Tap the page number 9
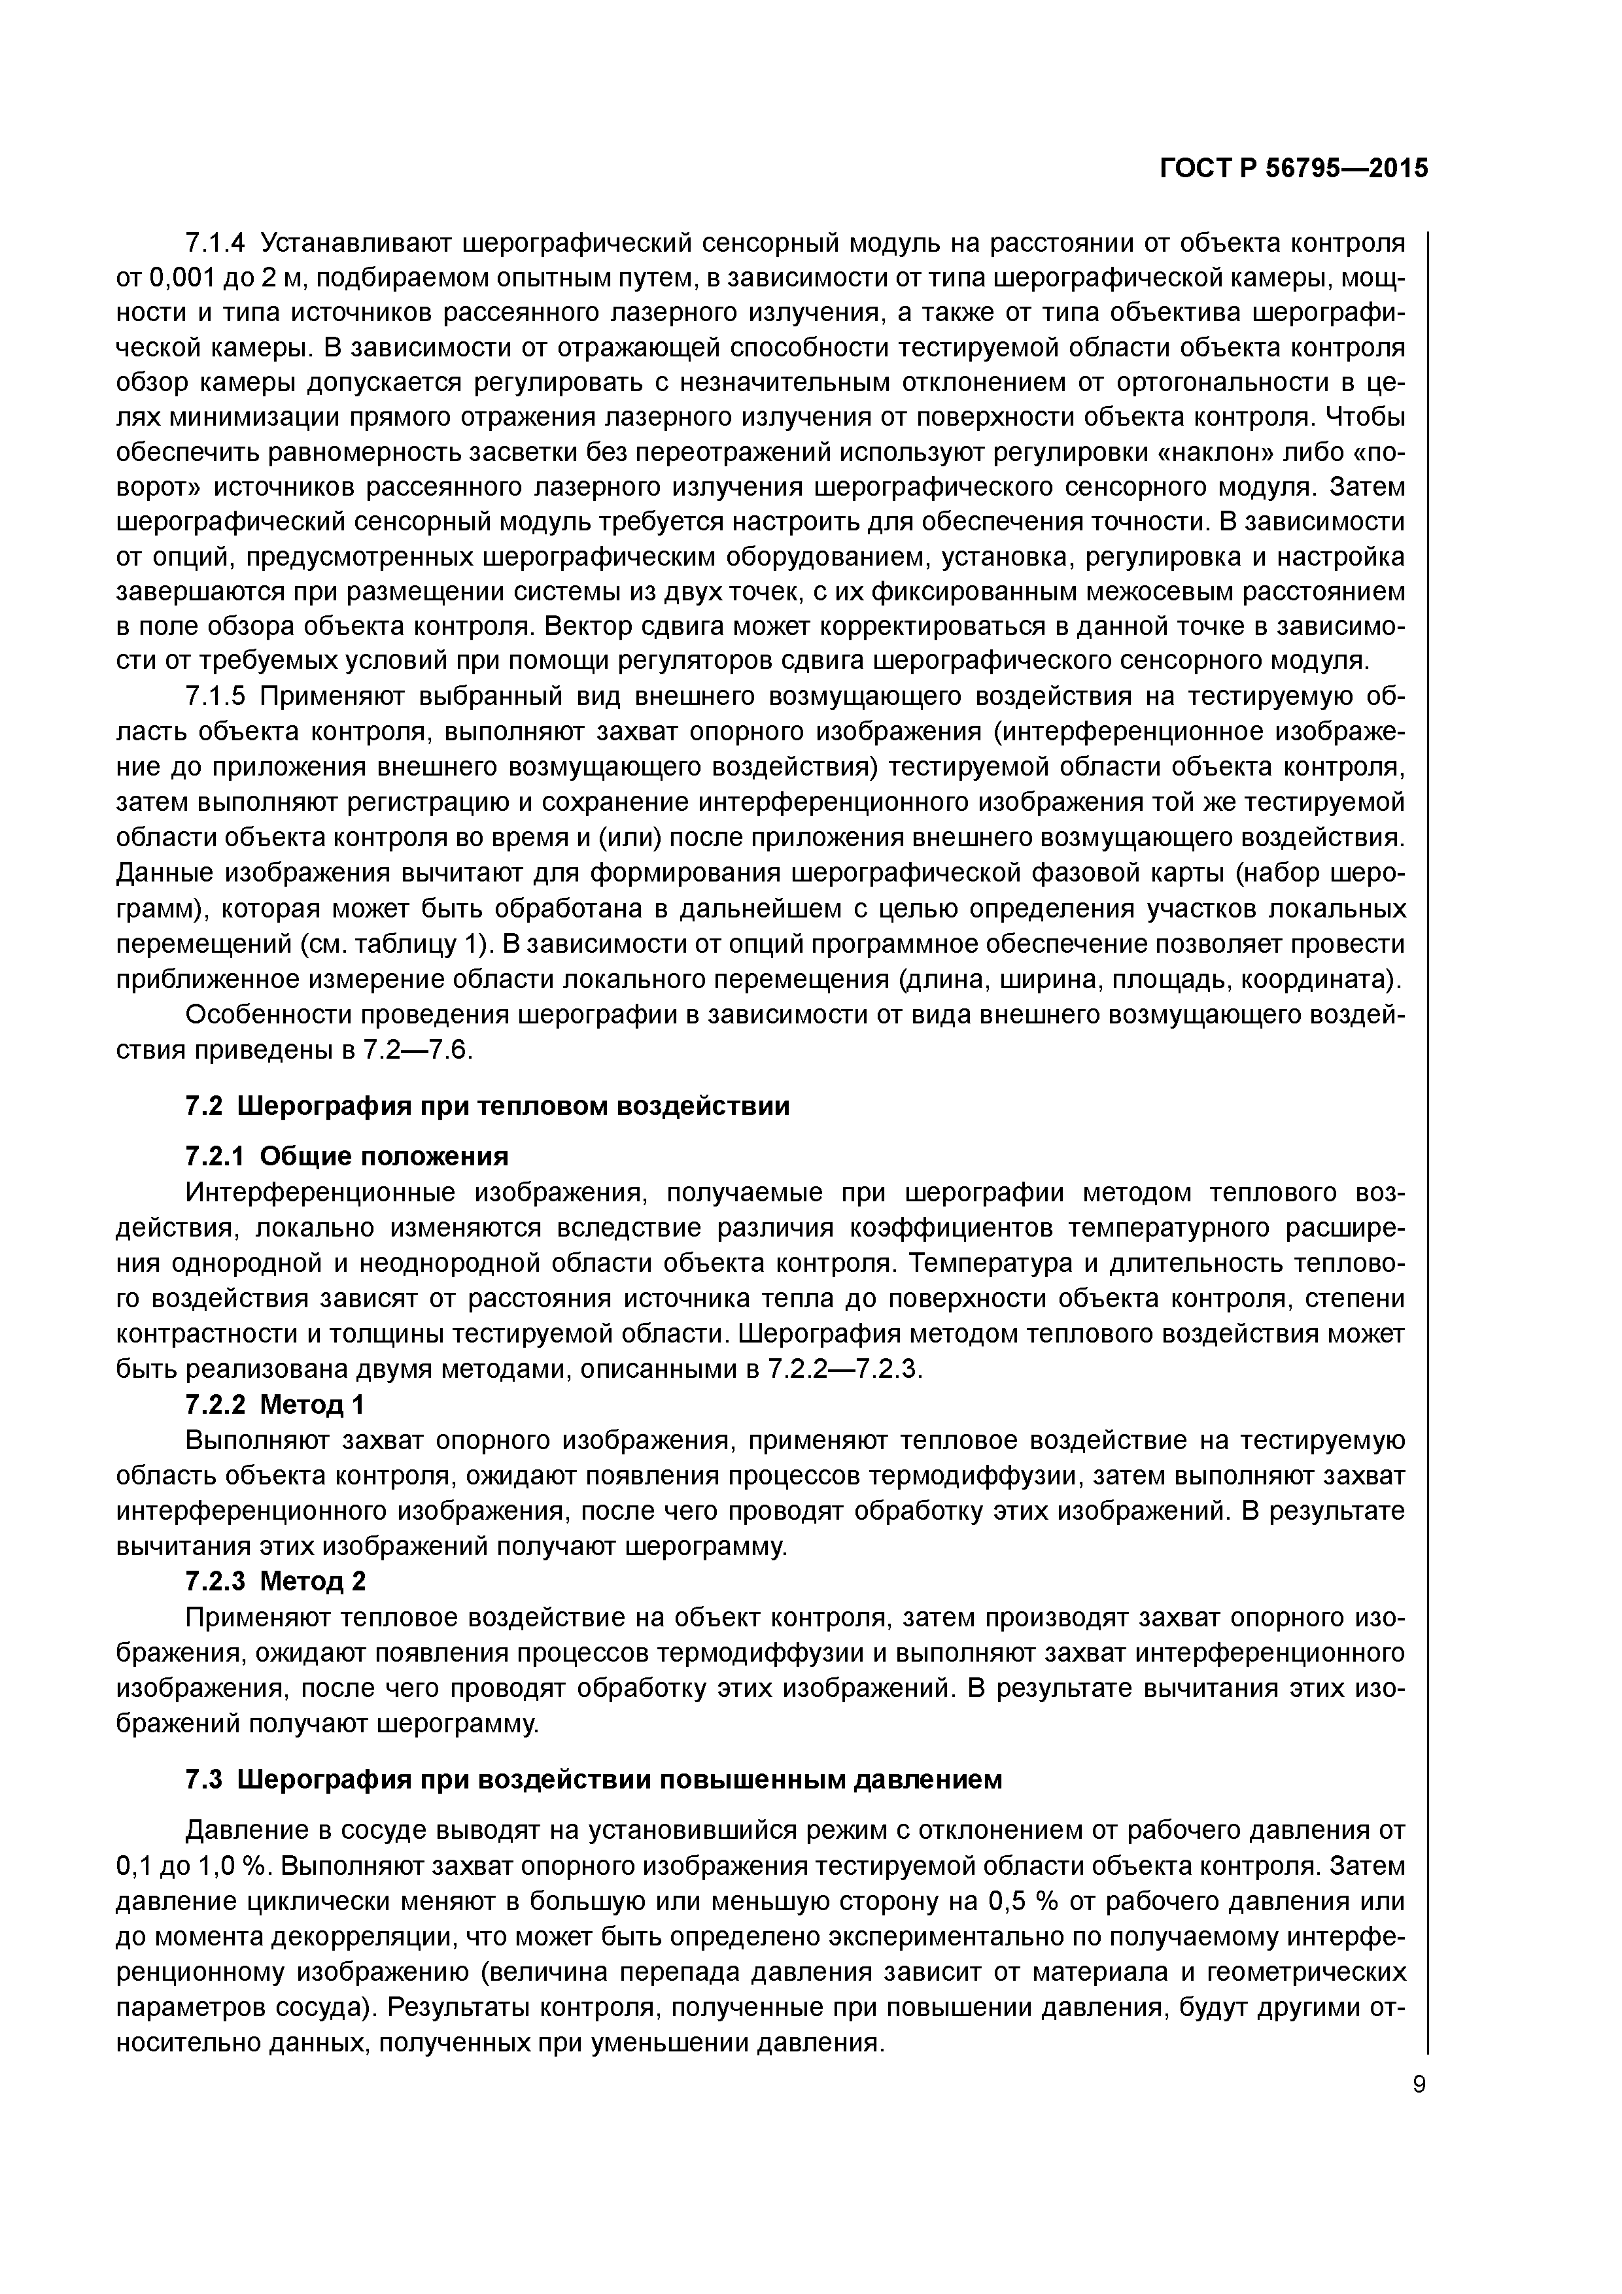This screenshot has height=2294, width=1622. tap(1419, 2084)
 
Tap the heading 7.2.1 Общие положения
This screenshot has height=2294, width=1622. tap(347, 1156)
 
